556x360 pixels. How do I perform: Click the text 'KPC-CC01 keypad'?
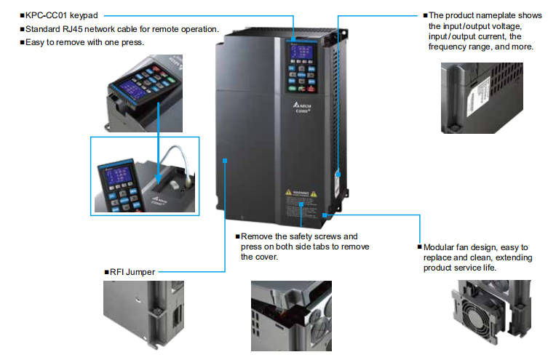coord(62,15)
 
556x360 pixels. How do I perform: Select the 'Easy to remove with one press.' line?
coord(85,43)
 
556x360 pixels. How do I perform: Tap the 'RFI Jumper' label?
coord(132,272)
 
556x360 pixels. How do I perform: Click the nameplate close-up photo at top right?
coord(480,97)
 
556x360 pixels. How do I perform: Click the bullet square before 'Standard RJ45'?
coord(21,29)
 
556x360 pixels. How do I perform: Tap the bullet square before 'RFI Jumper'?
coord(106,272)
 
